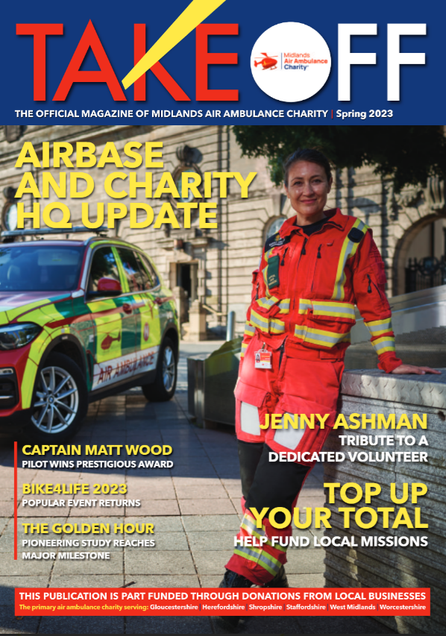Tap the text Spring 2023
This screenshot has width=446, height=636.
(x=364, y=114)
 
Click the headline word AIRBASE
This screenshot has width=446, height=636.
(x=89, y=155)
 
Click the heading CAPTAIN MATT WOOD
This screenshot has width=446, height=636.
(x=97, y=450)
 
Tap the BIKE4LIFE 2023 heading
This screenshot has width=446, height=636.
(x=75, y=489)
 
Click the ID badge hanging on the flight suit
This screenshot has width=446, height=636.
(x=263, y=359)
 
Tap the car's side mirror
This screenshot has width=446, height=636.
(x=109, y=285)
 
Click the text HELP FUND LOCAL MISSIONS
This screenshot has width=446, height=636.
(x=331, y=541)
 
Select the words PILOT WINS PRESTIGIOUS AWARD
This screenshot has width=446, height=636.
(x=97, y=465)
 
